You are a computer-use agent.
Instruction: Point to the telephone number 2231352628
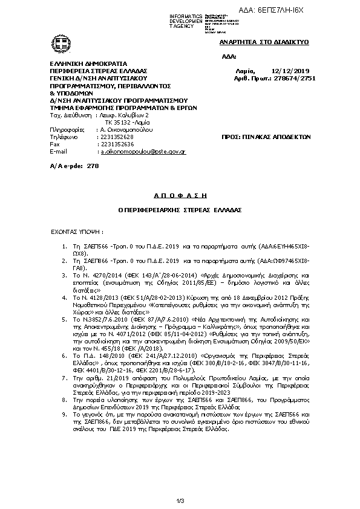click(x=117, y=137)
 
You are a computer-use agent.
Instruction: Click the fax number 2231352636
click(x=117, y=144)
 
